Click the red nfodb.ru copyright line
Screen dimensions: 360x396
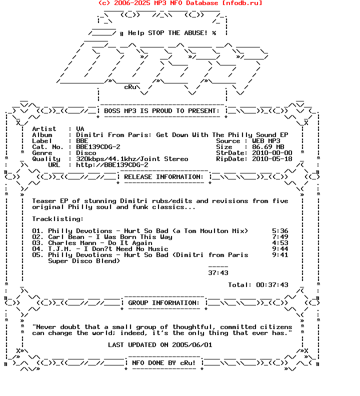(180, 3)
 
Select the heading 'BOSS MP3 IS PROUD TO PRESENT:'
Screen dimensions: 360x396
(162, 111)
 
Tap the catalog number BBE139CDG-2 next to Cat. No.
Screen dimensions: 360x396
(98, 147)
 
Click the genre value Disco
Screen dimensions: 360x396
(86, 153)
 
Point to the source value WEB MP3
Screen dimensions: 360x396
(270, 141)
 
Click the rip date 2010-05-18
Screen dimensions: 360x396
(272, 159)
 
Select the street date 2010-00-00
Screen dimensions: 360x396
(272, 153)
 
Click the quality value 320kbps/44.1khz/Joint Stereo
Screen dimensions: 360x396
(132, 159)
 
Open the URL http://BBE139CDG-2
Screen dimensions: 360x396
(112, 165)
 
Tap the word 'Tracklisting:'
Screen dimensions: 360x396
(58, 219)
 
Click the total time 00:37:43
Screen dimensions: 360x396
(272, 285)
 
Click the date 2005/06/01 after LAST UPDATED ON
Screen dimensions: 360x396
(192, 345)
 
